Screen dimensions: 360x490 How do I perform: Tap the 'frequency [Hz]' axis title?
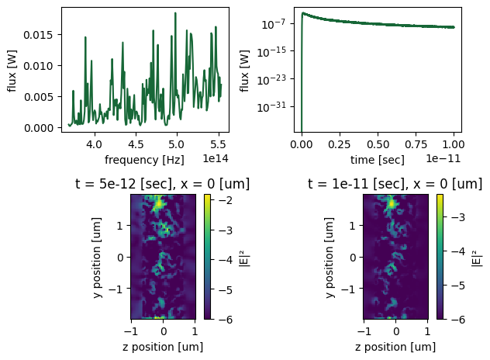[x=144, y=159]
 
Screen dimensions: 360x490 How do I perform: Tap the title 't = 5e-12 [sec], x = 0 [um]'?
[x=144, y=184]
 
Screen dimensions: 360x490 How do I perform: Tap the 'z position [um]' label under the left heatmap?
[x=162, y=347]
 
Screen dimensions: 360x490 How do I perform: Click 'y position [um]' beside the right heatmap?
[x=330, y=257]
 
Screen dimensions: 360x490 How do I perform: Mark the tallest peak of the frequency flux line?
[x=176, y=13]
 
